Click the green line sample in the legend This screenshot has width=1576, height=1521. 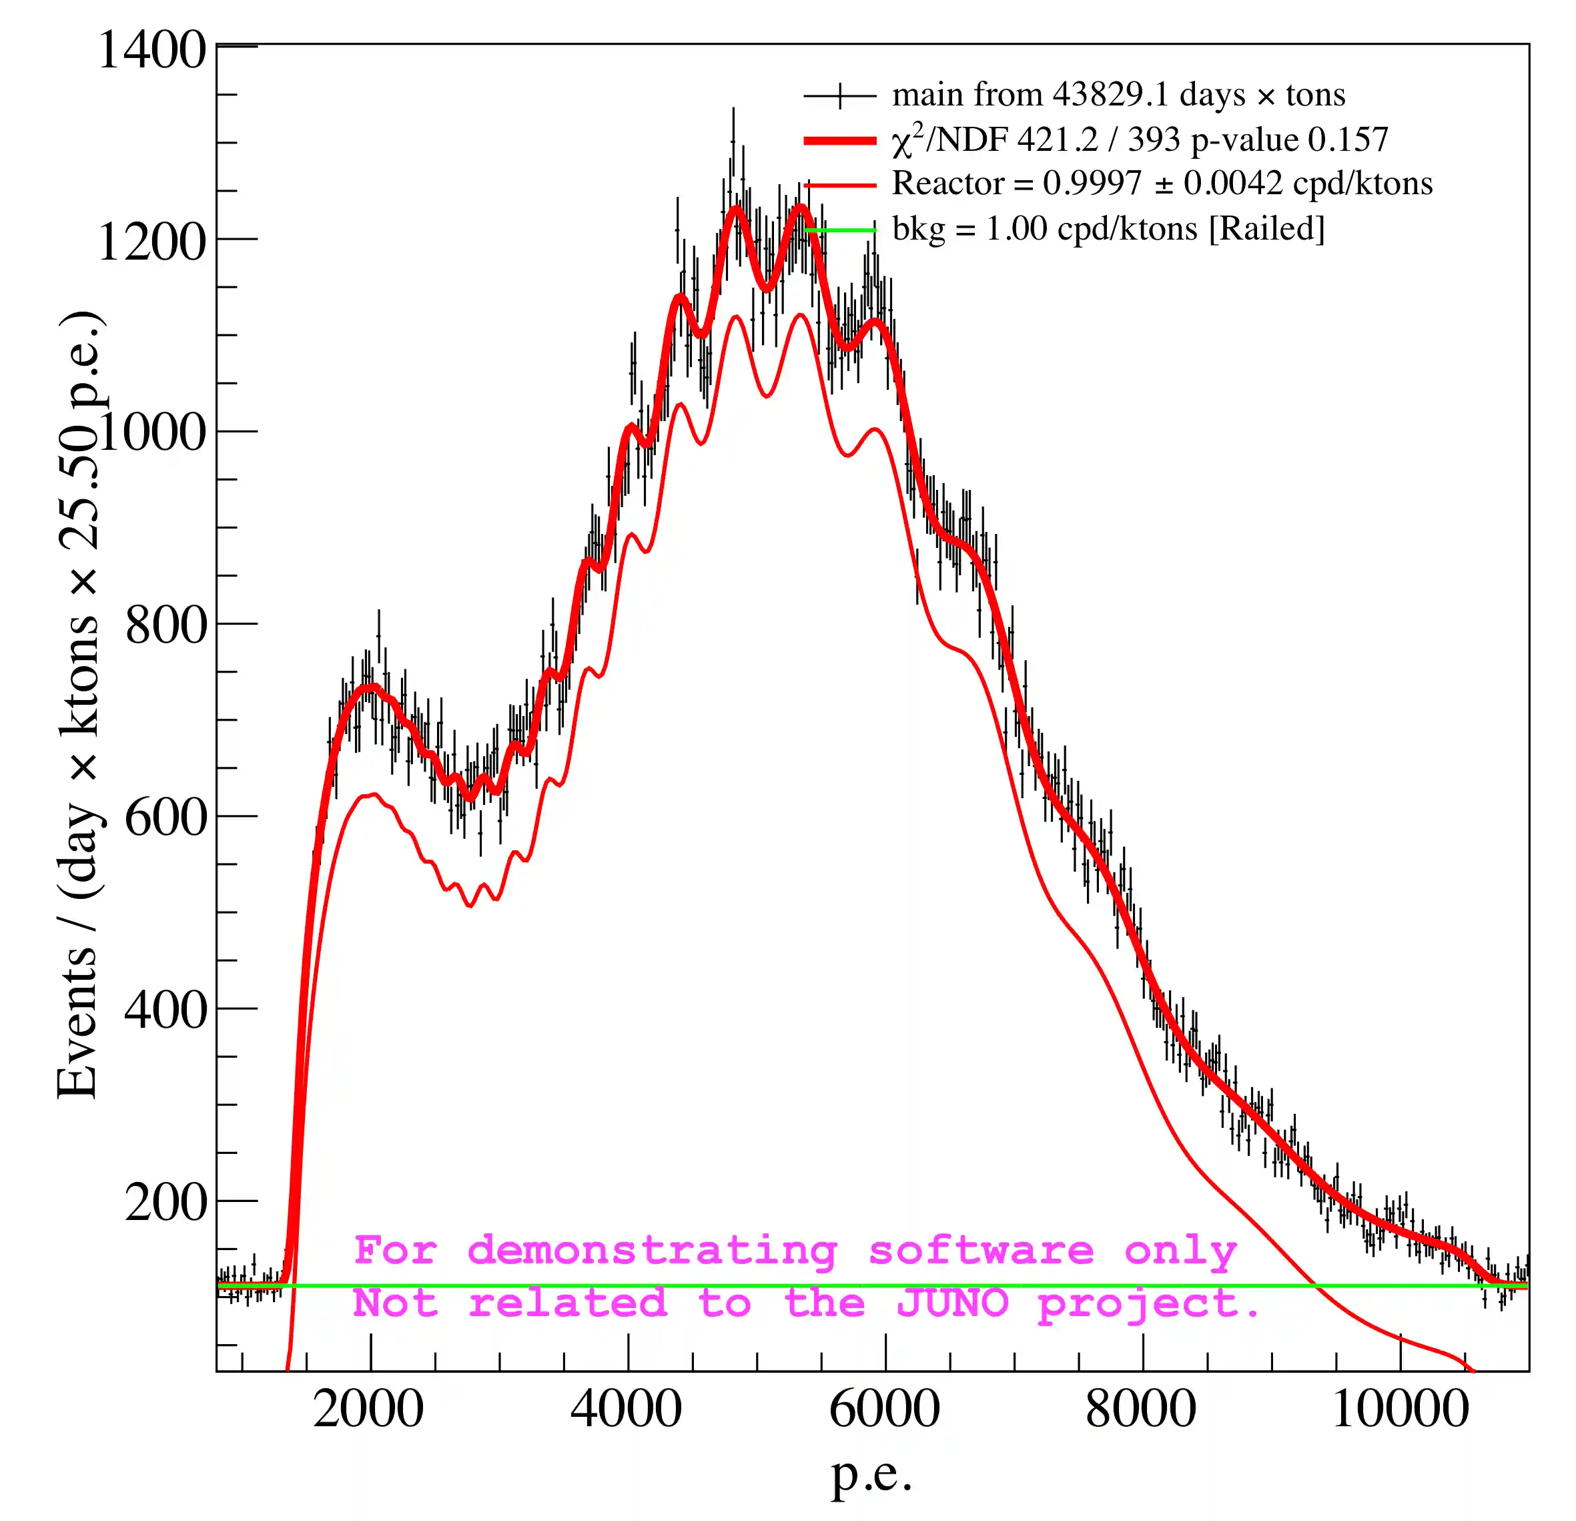pos(839,231)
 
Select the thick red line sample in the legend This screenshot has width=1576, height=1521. pos(839,141)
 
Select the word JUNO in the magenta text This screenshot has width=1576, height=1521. pos(952,1303)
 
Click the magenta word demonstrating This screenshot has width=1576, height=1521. pos(652,1251)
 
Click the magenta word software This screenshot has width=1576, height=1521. pos(981,1251)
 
